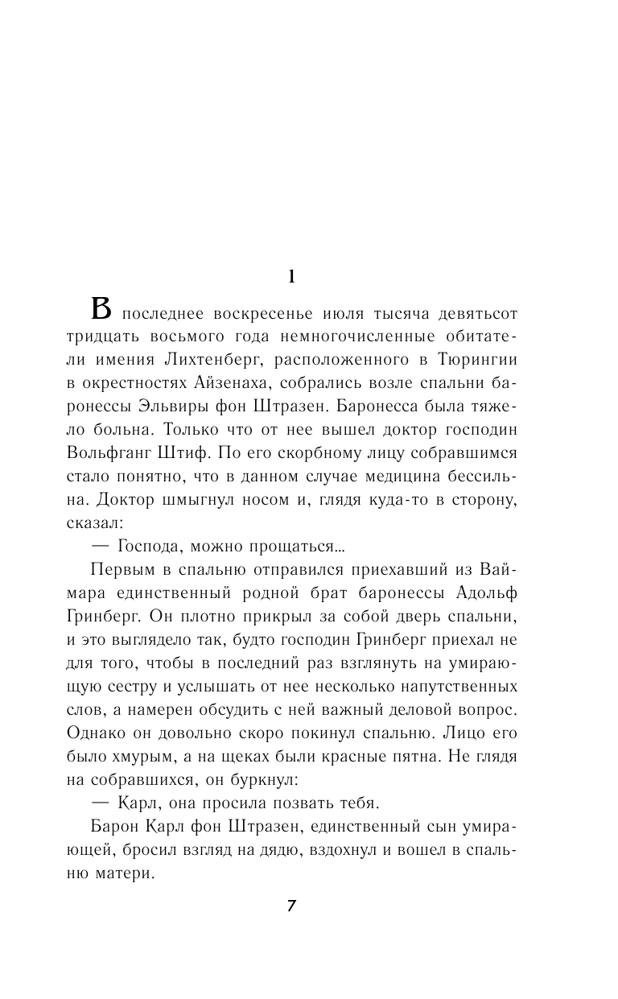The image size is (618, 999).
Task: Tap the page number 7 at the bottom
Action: point(292,905)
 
